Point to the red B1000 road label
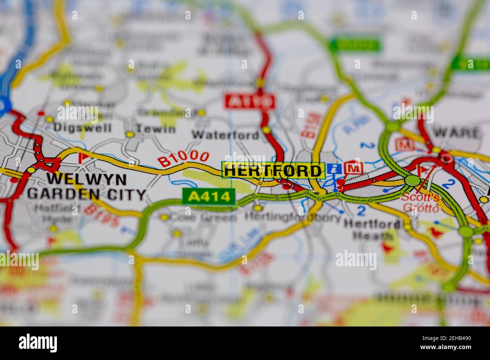pos(184,158)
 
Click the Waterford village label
pos(225,134)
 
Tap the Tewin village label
pos(156,129)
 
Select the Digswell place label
pos(83,127)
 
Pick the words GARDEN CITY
pos(87,194)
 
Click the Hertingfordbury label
pos(292,217)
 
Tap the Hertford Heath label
pos(372,230)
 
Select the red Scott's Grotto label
pos(420,202)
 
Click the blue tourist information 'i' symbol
pos(332,169)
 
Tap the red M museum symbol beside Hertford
pos(353,168)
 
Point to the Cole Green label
pos(203,217)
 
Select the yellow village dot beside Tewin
pos(130,134)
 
